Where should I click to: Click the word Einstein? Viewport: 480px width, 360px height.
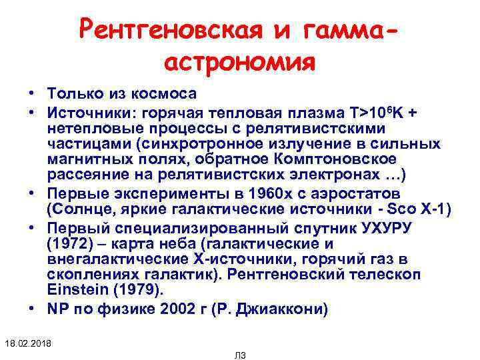point(71,290)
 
